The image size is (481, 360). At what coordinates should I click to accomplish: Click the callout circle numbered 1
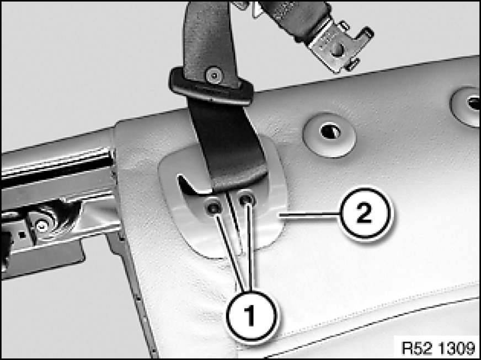tap(251, 316)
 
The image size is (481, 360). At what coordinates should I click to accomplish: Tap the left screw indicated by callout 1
tap(213, 208)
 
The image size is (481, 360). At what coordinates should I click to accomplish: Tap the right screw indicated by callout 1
tap(247, 200)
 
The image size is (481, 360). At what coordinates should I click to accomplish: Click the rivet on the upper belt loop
tap(214, 75)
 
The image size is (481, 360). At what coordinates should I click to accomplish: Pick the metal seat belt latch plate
tap(338, 46)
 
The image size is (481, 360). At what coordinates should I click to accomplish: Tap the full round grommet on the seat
tap(329, 135)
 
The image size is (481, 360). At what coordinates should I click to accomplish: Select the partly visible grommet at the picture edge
tap(466, 106)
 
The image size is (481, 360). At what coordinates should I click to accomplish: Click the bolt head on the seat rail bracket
tap(42, 226)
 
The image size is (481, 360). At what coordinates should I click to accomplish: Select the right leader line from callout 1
tap(250, 248)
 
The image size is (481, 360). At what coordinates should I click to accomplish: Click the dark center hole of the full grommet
tap(330, 132)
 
